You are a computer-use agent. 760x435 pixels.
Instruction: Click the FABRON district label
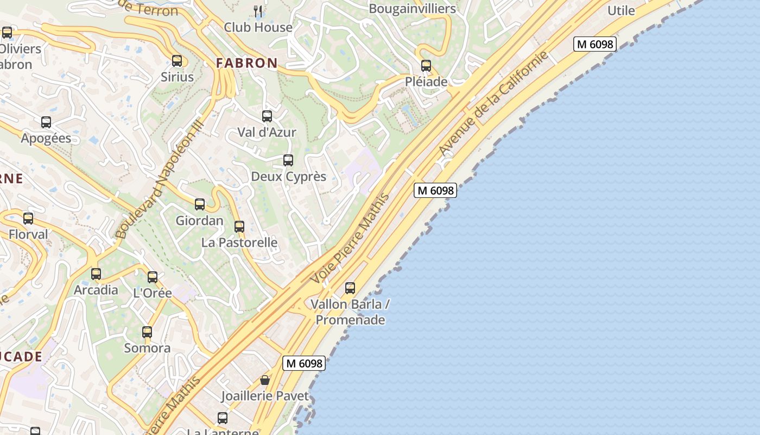[247, 63]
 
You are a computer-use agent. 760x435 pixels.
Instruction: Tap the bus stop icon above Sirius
[177, 61]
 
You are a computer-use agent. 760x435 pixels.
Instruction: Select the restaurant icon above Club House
[258, 10]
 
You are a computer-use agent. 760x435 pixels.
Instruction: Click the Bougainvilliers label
[412, 9]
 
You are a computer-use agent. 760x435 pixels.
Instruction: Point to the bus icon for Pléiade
[426, 66]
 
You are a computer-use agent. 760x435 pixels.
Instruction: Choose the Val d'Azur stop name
[267, 132]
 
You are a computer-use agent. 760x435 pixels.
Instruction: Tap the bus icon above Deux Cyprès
[288, 160]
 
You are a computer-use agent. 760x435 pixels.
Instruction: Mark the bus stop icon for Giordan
[200, 204]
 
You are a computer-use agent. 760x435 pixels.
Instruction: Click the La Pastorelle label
[239, 243]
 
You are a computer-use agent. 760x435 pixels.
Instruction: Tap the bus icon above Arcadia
[96, 274]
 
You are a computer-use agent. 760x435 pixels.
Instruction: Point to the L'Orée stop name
[153, 293]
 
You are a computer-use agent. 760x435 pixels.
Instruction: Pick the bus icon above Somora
[147, 332]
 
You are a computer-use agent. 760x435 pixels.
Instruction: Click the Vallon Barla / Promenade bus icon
[350, 288]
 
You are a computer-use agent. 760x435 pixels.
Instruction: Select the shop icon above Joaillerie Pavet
[265, 380]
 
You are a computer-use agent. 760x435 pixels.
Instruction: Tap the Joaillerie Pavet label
[265, 396]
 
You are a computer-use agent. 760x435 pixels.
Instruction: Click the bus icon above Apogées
[46, 122]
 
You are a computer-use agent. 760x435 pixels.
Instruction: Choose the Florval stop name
[28, 234]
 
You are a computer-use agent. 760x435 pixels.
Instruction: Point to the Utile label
[621, 10]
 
